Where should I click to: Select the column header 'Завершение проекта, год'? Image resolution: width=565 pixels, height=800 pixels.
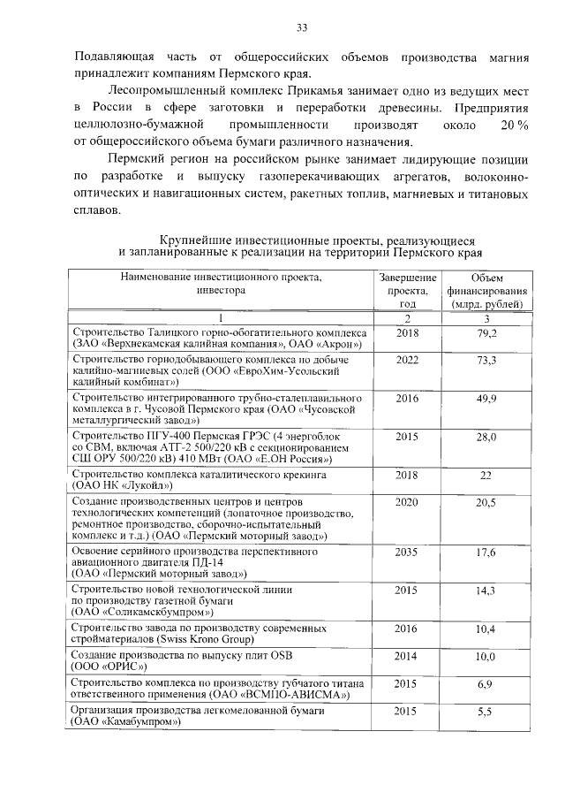pos(407,290)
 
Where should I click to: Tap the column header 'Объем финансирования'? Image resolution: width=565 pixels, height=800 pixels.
pos(486,290)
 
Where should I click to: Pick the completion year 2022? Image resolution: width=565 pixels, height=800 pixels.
pos(407,360)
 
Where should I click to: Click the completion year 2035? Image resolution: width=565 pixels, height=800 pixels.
pos(407,552)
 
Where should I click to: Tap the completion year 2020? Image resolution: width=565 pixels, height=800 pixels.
pos(407,502)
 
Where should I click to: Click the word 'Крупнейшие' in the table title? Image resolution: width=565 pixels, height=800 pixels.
pos(194,239)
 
